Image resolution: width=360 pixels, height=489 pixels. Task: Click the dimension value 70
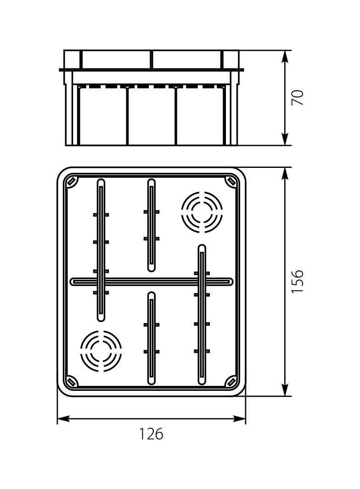point(298,98)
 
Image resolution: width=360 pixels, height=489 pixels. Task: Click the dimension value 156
point(298,281)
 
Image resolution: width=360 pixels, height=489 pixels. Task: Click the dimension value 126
point(152,433)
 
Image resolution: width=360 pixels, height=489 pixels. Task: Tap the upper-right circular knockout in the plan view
point(202,212)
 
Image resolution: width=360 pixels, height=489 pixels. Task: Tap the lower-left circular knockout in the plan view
point(101,351)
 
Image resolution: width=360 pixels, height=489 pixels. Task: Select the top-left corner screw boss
point(71,182)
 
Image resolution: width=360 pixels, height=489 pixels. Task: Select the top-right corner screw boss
point(231,182)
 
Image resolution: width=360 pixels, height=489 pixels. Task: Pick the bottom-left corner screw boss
point(71,382)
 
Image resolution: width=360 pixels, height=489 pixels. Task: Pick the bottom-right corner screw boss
point(231,382)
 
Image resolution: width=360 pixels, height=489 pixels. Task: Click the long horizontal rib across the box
point(152,281)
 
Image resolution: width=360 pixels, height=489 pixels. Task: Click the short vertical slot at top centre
point(152,225)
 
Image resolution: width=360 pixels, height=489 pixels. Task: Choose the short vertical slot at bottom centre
point(152,338)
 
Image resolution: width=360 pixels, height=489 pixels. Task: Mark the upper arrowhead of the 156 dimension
point(285,173)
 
